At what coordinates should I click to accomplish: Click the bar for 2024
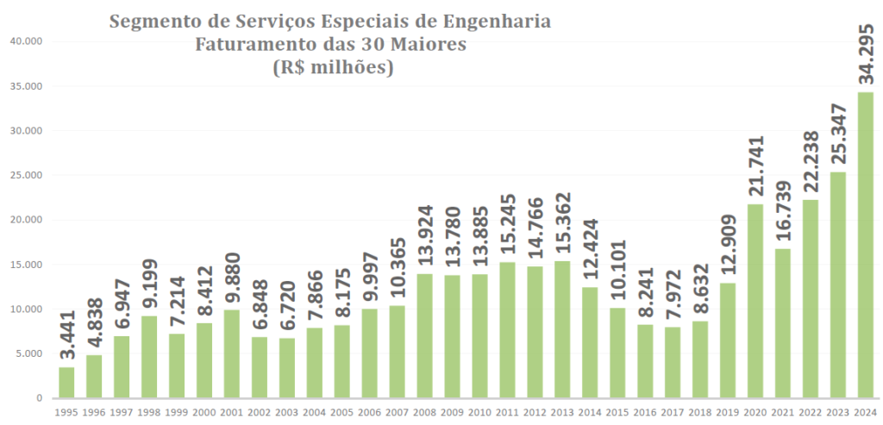click(x=865, y=245)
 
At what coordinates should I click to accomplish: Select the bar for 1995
click(x=66, y=383)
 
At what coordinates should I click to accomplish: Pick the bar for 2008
click(x=424, y=336)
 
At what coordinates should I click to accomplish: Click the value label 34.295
click(x=865, y=47)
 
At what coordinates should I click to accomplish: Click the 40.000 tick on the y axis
click(x=27, y=41)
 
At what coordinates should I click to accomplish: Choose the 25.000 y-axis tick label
click(x=27, y=175)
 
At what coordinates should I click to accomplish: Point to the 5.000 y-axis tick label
click(x=30, y=353)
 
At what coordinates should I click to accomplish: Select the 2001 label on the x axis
click(x=232, y=413)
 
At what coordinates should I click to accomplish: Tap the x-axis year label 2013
click(x=562, y=413)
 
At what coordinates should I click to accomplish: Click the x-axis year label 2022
click(x=810, y=413)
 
